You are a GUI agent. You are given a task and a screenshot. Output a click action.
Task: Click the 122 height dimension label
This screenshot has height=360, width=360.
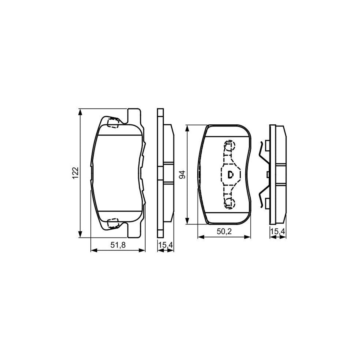(74, 172)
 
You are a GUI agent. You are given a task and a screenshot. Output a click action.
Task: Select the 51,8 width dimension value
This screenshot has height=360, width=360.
(118, 246)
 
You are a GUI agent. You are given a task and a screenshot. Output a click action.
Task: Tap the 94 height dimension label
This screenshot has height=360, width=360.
(182, 175)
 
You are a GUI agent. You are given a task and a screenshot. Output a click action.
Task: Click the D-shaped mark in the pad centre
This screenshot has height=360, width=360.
(230, 174)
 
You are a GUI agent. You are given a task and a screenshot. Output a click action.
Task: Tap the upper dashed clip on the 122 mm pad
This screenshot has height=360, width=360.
(113, 122)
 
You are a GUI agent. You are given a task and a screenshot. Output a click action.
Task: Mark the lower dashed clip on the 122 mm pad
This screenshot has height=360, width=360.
(113, 222)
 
